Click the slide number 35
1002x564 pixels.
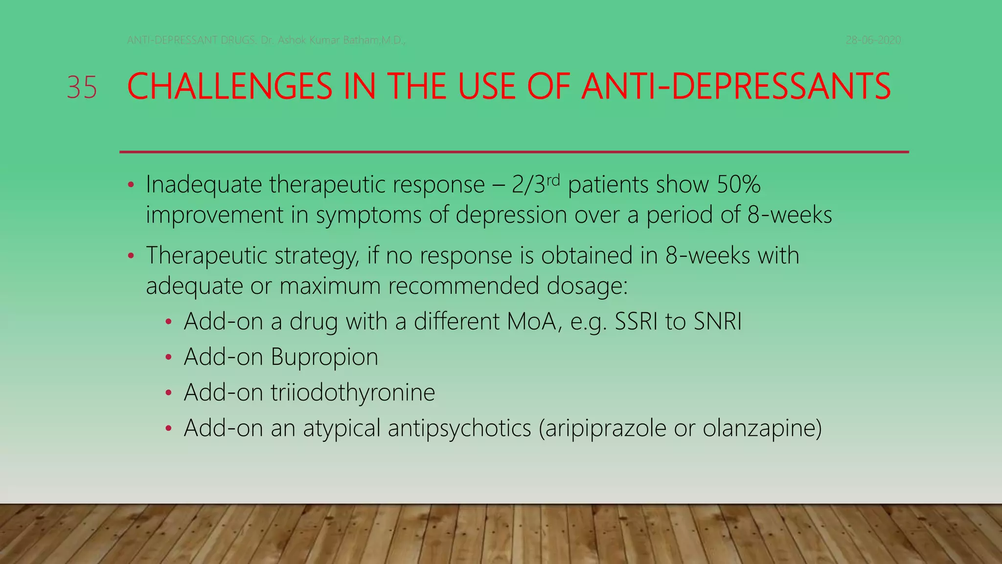[82, 88]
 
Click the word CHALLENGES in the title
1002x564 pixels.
[229, 87]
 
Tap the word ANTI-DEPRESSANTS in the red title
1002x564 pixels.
[736, 87]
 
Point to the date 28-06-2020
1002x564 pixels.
[873, 40]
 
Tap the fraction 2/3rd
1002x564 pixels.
[535, 185]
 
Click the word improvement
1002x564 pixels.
[214, 215]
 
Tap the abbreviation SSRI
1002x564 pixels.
[636, 322]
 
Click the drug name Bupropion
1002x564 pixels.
[324, 357]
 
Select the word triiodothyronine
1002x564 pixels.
[353, 393]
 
